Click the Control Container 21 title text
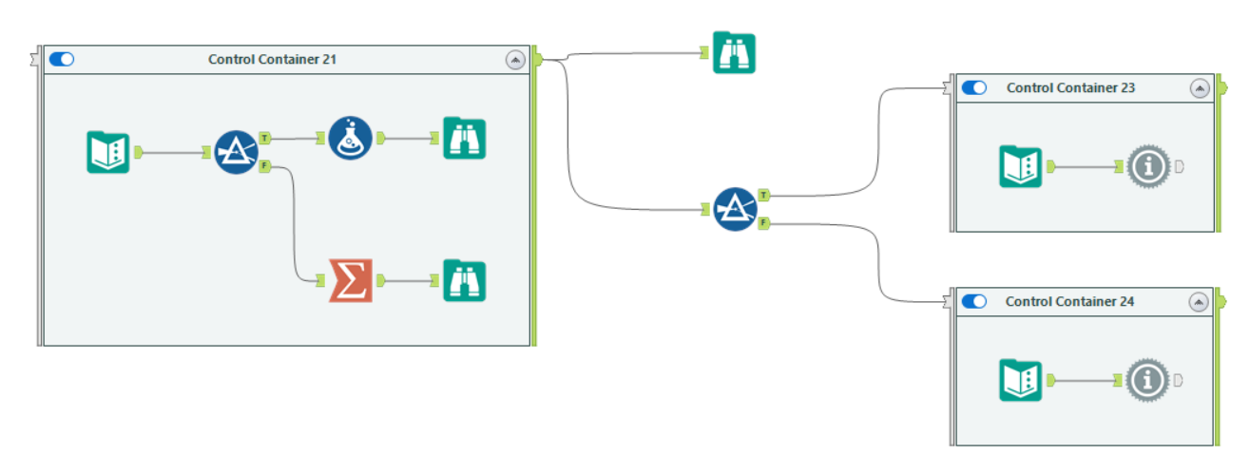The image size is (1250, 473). pos(272,60)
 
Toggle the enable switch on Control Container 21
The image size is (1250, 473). pos(62,60)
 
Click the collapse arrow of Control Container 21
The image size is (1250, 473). pos(514,60)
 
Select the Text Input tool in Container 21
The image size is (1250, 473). pos(107,152)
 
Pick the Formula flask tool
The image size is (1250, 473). pos(350,138)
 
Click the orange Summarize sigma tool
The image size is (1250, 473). pos(350,280)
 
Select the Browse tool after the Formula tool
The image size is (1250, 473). pos(464,138)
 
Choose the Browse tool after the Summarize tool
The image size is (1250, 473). pos(464,280)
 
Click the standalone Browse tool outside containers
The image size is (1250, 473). pos(734,53)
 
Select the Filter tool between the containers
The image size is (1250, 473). pos(736,208)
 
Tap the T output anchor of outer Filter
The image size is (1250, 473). pos(764,196)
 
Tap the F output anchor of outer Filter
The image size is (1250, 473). pos(764,223)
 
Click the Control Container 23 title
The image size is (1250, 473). pos(1070,87)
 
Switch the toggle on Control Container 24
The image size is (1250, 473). pos(973,301)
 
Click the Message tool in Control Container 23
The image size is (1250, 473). pos(1148,166)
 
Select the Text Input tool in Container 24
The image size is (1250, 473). pos(1021,380)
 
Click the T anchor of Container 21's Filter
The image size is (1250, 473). pos(264,139)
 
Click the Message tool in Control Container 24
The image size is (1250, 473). pos(1148,380)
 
